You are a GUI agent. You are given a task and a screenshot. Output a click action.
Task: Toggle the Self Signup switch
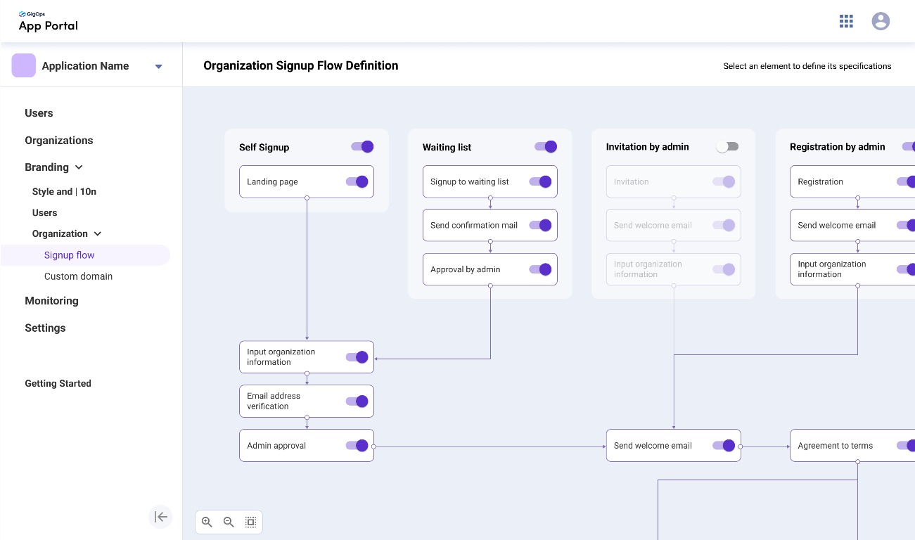tap(362, 147)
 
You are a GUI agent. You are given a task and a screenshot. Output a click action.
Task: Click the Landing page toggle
tap(357, 182)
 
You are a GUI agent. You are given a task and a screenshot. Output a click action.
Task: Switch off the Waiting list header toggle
tap(546, 147)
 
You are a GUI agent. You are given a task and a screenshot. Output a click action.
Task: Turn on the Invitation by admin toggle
tap(727, 147)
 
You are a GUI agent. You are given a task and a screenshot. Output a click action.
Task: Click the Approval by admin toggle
tap(540, 269)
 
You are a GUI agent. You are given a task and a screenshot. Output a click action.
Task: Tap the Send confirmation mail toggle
tap(540, 225)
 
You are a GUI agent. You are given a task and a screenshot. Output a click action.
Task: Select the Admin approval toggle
tap(357, 445)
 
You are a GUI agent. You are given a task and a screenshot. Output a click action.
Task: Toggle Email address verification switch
tap(357, 401)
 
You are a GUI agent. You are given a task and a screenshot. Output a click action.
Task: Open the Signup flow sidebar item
tap(69, 255)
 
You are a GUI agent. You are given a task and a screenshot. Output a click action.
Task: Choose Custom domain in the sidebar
tap(78, 276)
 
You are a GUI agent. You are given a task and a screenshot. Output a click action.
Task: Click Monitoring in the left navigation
tap(51, 301)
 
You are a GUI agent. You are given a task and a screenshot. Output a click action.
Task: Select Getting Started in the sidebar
tap(58, 383)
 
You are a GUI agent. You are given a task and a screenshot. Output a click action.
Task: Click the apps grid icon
tap(846, 21)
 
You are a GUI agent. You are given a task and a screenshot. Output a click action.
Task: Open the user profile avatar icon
tap(881, 21)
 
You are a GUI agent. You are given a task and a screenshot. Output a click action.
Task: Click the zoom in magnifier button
tap(207, 522)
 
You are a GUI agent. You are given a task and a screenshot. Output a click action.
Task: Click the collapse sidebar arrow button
tap(160, 517)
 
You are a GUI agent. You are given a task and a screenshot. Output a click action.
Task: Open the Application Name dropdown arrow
tap(158, 66)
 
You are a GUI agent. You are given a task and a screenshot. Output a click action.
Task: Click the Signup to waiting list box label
tap(469, 182)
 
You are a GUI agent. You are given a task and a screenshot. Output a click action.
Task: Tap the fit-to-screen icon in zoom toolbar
tap(250, 522)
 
